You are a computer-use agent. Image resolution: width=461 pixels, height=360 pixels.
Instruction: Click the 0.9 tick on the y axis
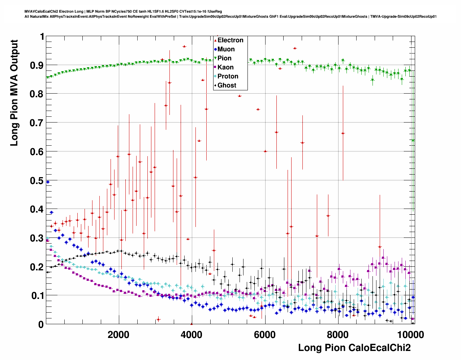pyautogui.click(x=36, y=65)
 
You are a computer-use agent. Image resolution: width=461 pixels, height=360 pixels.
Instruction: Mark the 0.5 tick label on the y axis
pyautogui.click(x=36, y=180)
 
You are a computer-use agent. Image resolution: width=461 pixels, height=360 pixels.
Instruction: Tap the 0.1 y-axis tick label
pyautogui.click(x=36, y=296)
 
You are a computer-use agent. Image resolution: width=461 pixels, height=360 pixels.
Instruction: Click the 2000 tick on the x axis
pyautogui.click(x=119, y=334)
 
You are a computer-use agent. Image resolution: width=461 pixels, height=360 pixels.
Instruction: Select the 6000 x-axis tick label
pyautogui.click(x=265, y=334)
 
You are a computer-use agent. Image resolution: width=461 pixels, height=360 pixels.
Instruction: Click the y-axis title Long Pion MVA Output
pyautogui.click(x=14, y=93)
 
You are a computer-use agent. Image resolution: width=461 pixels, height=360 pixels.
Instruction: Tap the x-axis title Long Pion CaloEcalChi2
pyautogui.click(x=354, y=348)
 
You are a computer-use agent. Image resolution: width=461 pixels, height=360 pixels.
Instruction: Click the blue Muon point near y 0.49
pyautogui.click(x=48, y=182)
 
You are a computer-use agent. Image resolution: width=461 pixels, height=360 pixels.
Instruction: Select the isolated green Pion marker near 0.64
pyautogui.click(x=413, y=140)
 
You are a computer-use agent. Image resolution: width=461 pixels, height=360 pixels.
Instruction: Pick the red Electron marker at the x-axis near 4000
pyautogui.click(x=191, y=324)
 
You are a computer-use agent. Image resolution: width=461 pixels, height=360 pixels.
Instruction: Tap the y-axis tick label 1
pyautogui.click(x=42, y=37)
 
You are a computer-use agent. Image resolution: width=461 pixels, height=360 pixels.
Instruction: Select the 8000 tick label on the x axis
pyautogui.click(x=338, y=334)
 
